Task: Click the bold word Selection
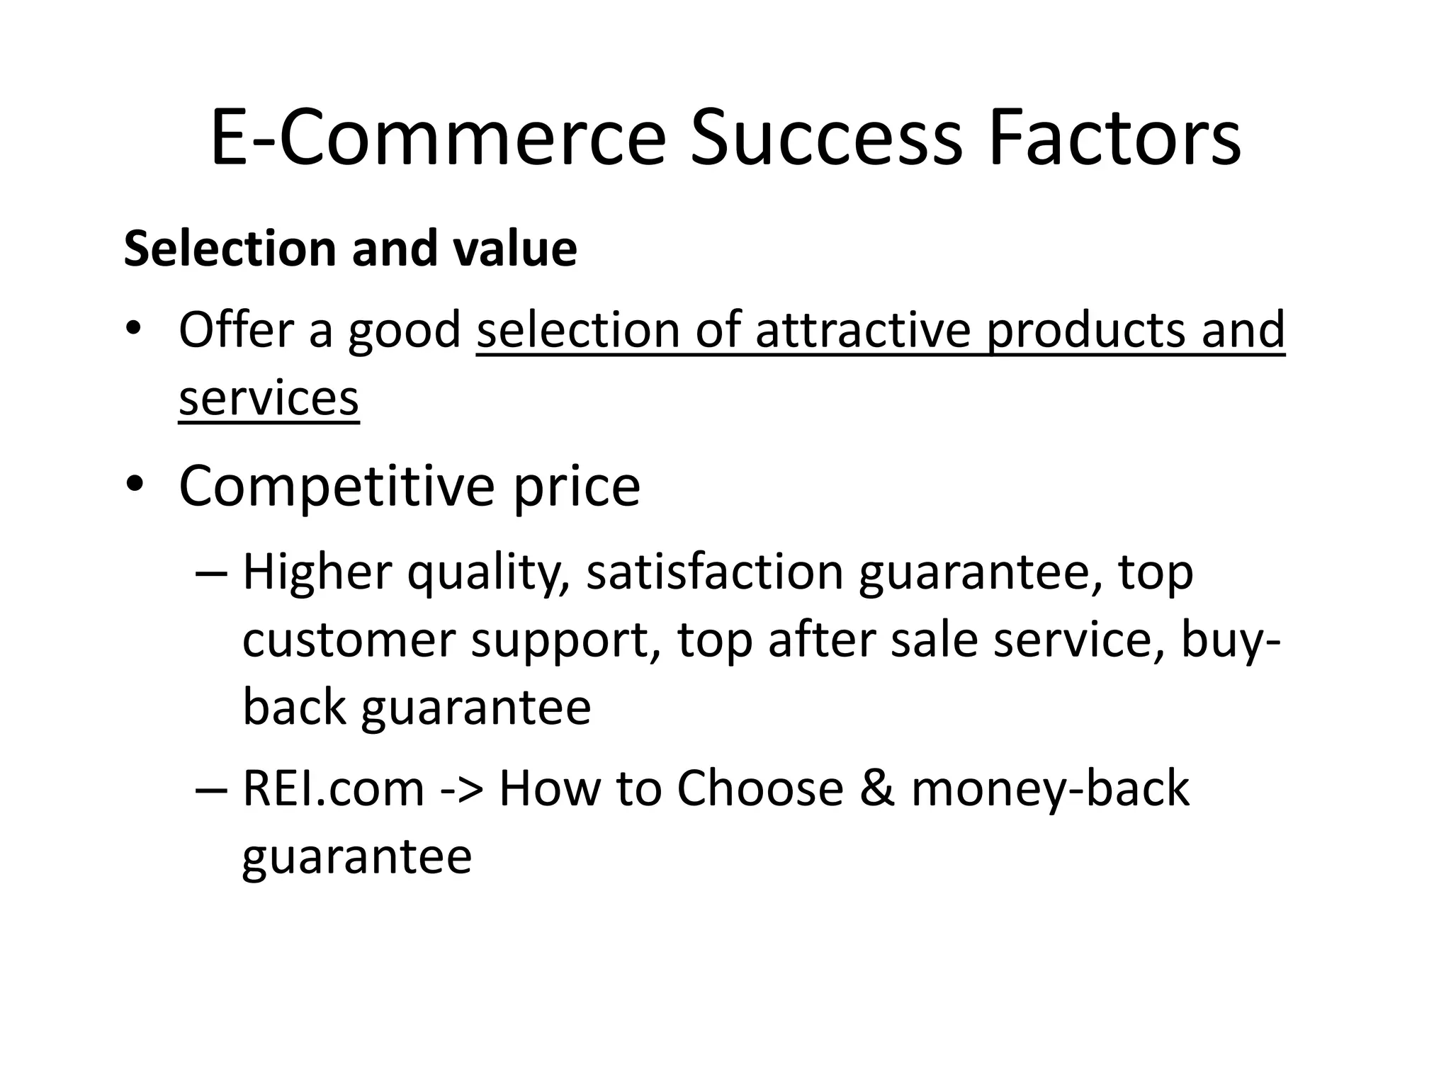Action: coord(230,249)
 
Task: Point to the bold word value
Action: coord(515,249)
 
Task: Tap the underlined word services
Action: coord(269,398)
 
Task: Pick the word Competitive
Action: coord(337,487)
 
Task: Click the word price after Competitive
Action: coord(577,487)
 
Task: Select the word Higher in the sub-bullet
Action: coord(317,572)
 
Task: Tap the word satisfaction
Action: coord(714,572)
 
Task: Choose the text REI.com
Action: coord(333,788)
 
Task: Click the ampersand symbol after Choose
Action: coord(877,788)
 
